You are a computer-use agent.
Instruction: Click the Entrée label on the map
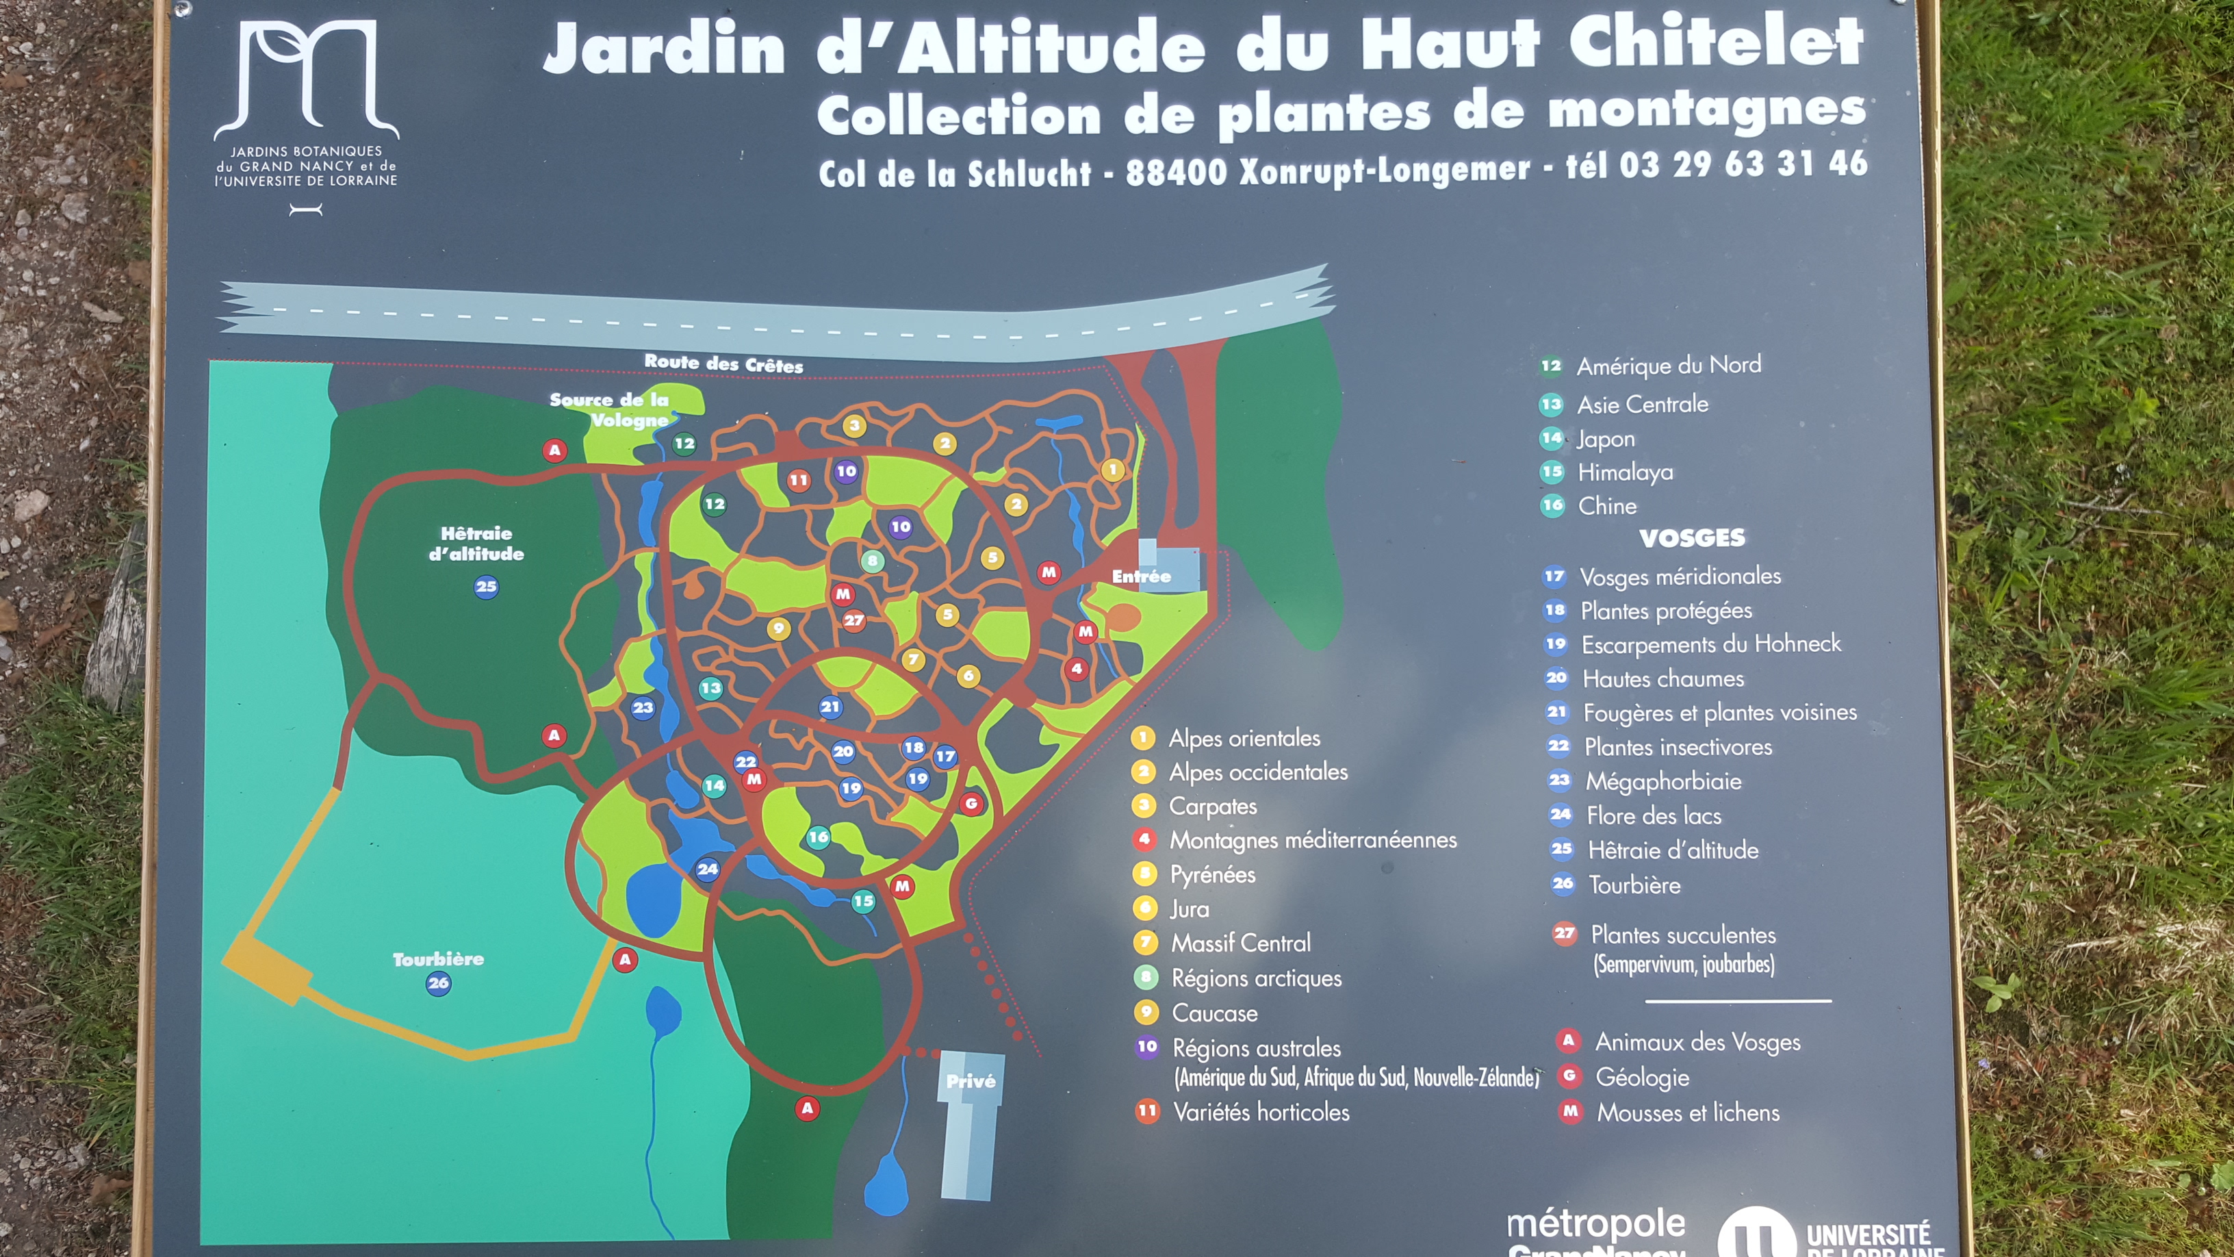[x=1141, y=576]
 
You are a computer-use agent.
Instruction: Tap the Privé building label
[x=971, y=1081]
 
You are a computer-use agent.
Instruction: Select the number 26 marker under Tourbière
[x=438, y=983]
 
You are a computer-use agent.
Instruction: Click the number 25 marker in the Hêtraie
[x=486, y=587]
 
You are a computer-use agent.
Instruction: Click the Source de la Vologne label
[x=611, y=409]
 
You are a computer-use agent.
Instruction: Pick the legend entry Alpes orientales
[x=1244, y=738]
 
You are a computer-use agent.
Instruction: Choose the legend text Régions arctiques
[x=1256, y=978]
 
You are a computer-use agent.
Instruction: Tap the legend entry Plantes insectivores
[x=1678, y=747]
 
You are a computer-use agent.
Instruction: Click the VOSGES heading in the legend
[x=1692, y=538]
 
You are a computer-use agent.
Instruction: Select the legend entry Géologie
[x=1642, y=1078]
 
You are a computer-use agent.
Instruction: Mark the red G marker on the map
[x=971, y=803]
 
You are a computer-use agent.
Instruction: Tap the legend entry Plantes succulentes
[x=1682, y=935]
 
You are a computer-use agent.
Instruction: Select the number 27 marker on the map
[x=853, y=620]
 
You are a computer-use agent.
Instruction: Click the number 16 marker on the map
[x=818, y=837]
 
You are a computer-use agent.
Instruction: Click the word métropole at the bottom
[x=1595, y=1225]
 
